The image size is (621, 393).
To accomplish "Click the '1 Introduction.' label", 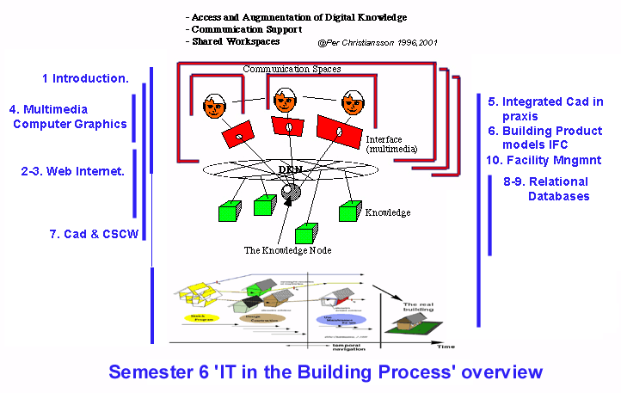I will coord(85,78).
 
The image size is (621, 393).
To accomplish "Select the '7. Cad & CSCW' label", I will coord(89,233).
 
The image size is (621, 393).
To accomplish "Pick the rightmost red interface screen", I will coord(337,132).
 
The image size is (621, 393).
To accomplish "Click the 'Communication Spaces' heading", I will coord(292,68).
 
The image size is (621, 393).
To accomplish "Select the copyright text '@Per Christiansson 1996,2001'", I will coord(375,41).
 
